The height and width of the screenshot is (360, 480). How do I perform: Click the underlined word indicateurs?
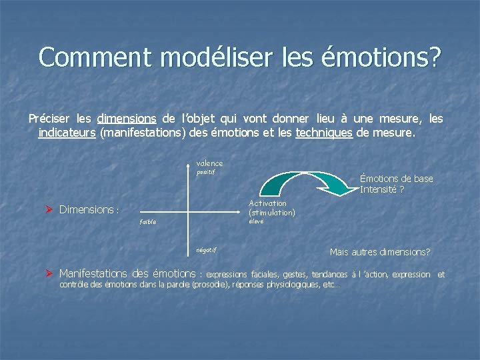pyautogui.click(x=67, y=133)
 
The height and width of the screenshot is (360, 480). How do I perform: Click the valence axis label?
pyautogui.click(x=209, y=163)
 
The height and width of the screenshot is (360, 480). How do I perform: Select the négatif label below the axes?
pyautogui.click(x=206, y=250)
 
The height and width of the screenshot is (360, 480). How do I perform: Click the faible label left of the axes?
pyautogui.click(x=147, y=222)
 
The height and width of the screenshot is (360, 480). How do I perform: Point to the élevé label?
pyautogui.click(x=256, y=221)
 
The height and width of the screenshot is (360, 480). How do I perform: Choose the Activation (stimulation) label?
pyautogui.click(x=271, y=208)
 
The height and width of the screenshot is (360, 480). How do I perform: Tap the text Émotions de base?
pyautogui.click(x=396, y=179)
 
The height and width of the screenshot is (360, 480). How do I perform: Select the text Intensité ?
pyautogui.click(x=382, y=189)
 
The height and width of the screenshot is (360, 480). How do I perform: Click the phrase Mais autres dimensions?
pyautogui.click(x=380, y=252)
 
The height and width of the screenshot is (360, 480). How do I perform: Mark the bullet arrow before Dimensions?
pyautogui.click(x=49, y=209)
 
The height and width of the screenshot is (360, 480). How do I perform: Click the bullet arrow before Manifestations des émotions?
pyautogui.click(x=49, y=273)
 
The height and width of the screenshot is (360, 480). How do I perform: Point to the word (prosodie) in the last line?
pyautogui.click(x=211, y=285)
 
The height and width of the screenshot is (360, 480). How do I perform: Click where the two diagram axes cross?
pyautogui.click(x=189, y=213)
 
